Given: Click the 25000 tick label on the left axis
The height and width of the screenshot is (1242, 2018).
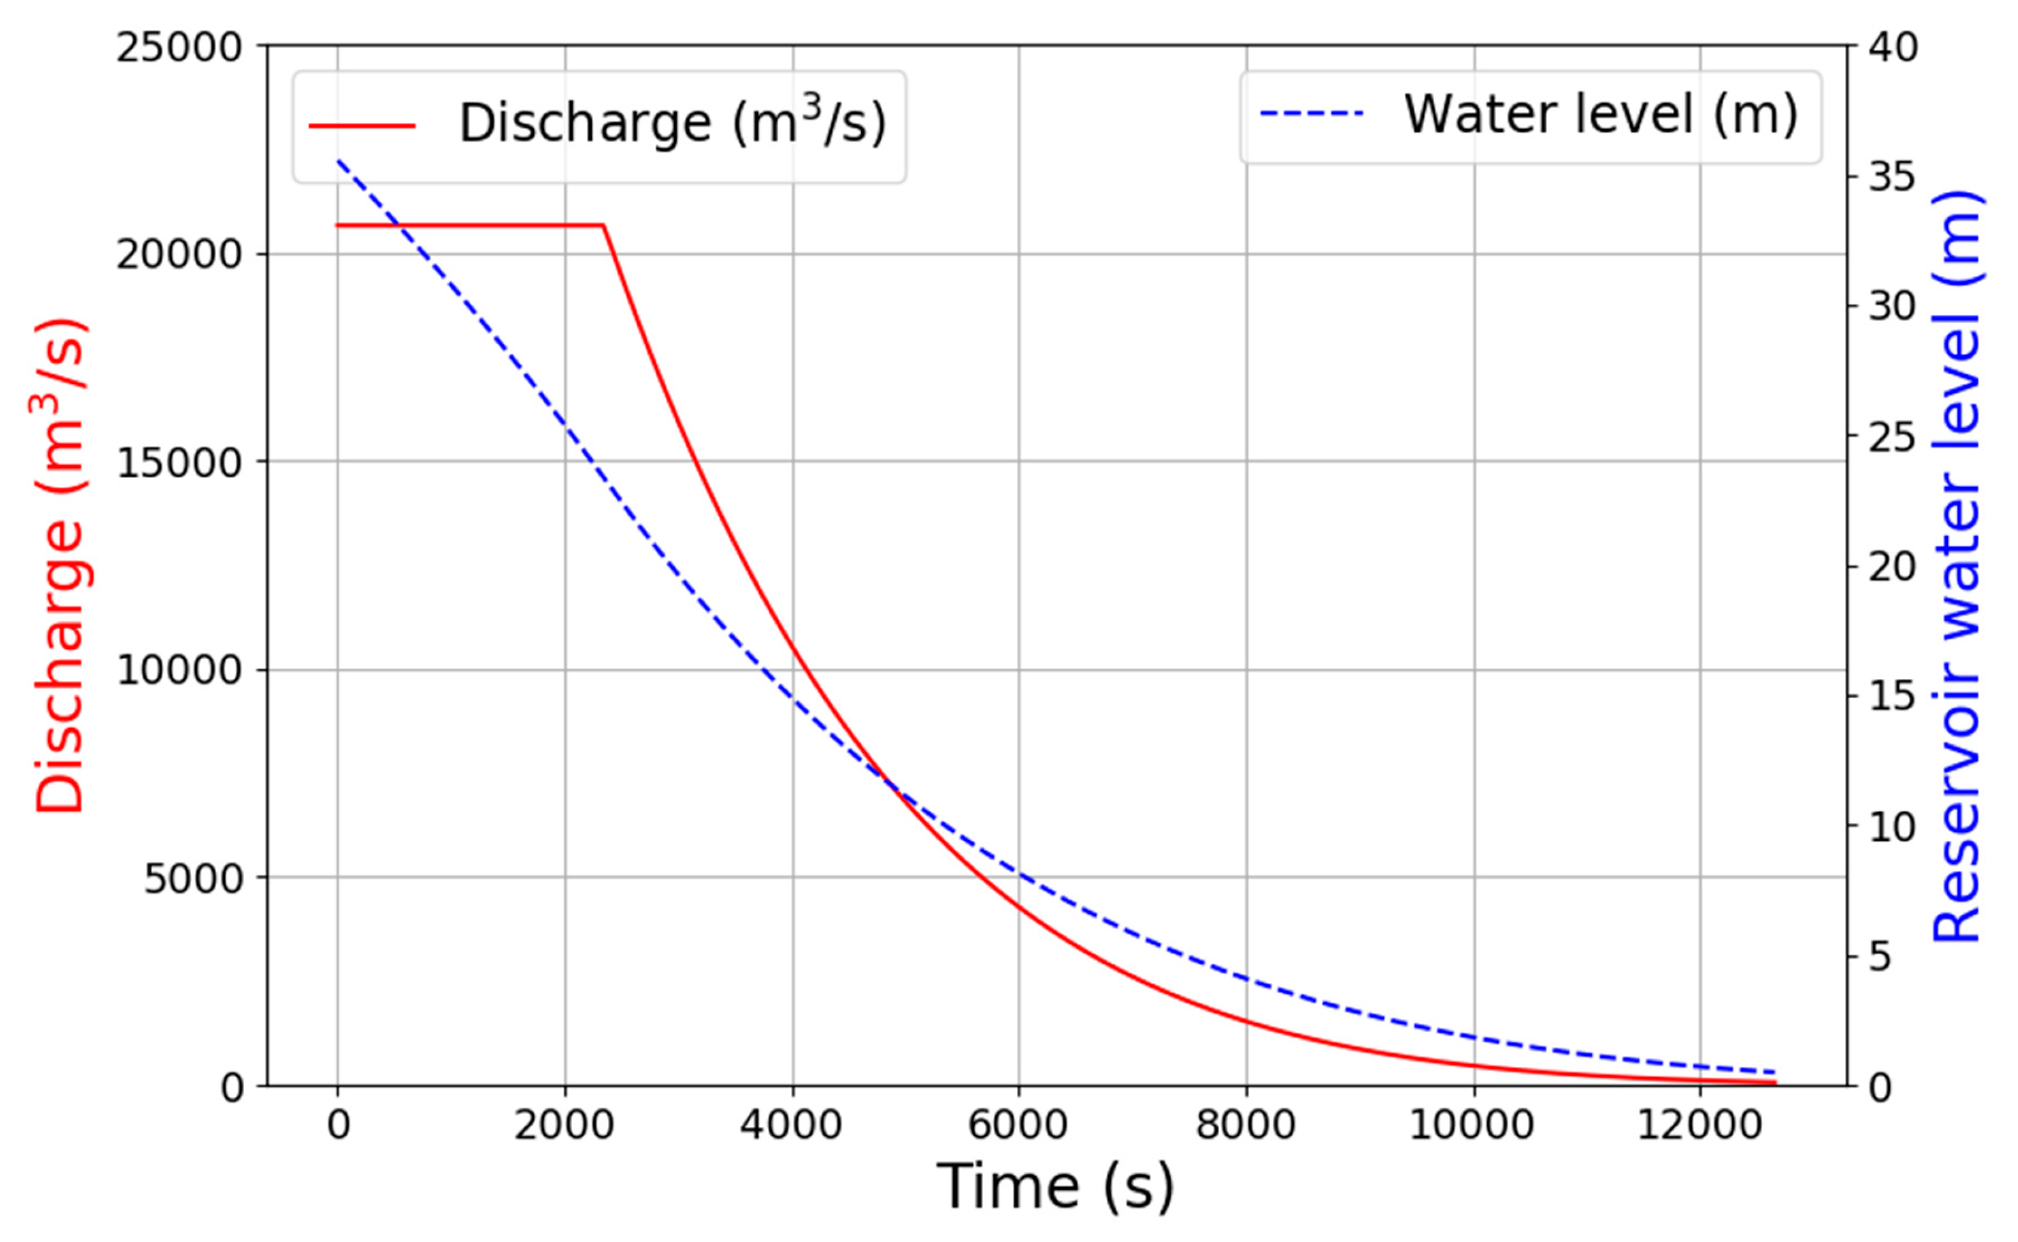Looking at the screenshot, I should click(x=178, y=48).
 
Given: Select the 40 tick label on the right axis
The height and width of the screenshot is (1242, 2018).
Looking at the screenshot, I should click(x=1893, y=48).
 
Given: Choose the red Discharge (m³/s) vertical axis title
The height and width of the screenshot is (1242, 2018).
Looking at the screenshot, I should click(x=62, y=567).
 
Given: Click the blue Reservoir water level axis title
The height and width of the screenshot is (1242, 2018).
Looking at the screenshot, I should click(x=1957, y=567).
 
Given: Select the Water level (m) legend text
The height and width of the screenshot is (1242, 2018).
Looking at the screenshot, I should click(x=1600, y=114).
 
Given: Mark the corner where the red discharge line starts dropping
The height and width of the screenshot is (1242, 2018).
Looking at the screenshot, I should click(x=604, y=225).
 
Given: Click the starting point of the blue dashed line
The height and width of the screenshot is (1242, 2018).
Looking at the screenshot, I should click(x=337, y=160).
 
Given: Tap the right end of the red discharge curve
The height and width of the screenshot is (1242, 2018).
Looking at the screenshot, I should click(x=1775, y=1082).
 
